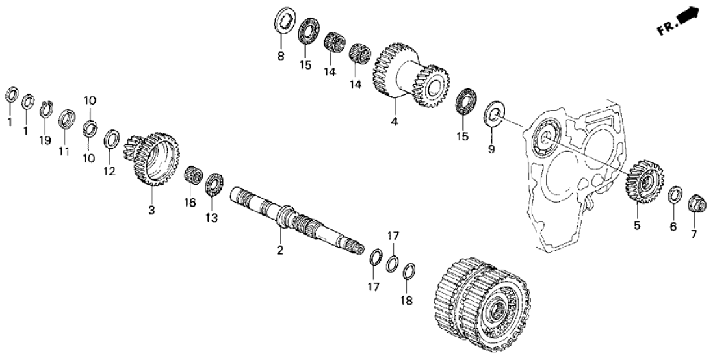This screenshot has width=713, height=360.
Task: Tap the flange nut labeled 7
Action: tap(696, 203)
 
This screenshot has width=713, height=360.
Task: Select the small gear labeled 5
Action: tap(646, 181)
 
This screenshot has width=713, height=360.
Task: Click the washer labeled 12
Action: tap(110, 139)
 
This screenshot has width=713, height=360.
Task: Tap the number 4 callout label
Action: tap(395, 122)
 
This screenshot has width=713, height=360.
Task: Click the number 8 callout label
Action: tap(281, 57)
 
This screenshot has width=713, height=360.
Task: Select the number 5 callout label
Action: tap(637, 225)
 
